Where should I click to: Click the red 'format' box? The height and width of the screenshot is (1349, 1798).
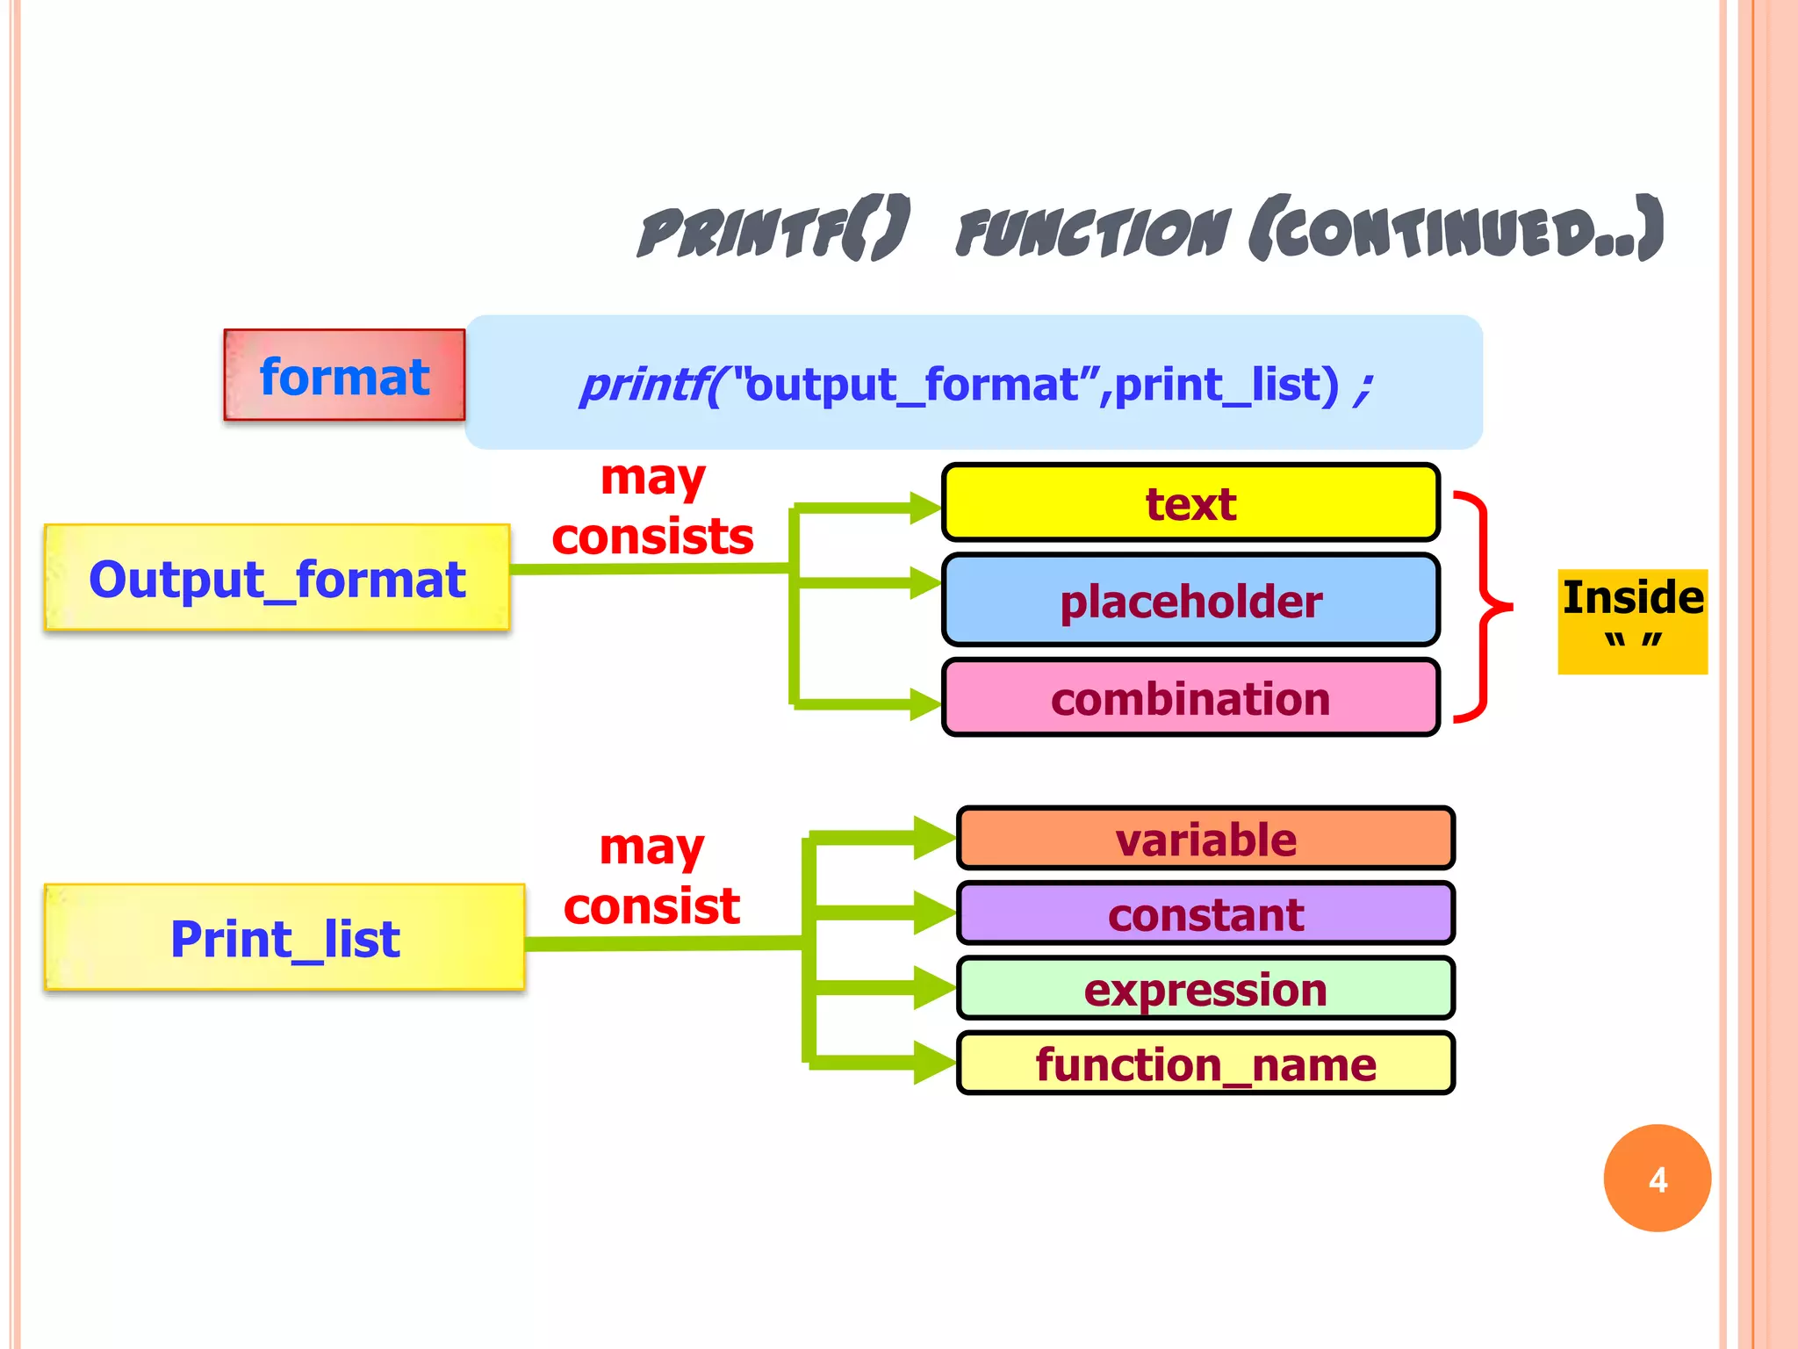coord(344,376)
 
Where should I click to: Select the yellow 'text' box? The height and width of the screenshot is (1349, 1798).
coord(1190,503)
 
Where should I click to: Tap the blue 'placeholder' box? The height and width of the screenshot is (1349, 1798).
coord(1190,602)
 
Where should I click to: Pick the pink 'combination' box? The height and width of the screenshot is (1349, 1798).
coord(1190,699)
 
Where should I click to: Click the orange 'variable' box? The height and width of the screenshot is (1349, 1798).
coord(1205,839)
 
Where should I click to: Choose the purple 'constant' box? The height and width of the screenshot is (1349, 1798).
coord(1205,914)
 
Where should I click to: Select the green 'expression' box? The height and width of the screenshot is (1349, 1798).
coord(1205,989)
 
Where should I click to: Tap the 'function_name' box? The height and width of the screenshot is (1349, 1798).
coord(1205,1064)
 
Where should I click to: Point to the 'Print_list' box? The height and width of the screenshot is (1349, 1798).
coord(284,938)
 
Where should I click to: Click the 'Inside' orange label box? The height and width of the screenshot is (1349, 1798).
coord(1632,620)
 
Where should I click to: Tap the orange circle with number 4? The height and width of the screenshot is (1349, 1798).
coord(1657,1179)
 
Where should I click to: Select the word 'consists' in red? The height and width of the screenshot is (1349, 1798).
coord(652,537)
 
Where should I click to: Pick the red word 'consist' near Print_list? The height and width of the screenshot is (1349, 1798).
coord(651,905)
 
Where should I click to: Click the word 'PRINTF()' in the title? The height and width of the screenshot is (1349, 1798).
coord(773,232)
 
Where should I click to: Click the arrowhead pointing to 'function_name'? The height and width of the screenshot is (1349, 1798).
coord(932,1063)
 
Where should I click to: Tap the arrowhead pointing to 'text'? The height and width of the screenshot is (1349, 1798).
coord(924,508)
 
